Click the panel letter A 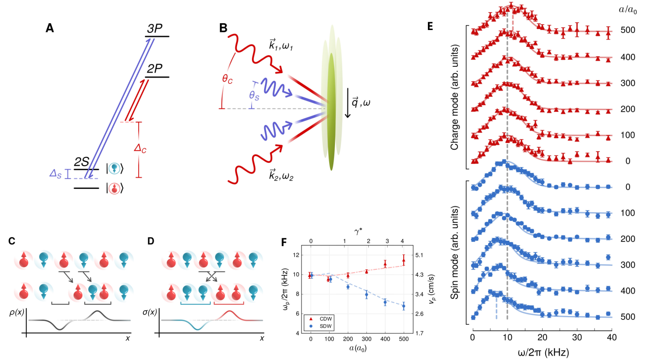(x=49, y=29)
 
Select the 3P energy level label (x=156, y=29)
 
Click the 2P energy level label (x=156, y=69)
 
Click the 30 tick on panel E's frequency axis (x=577, y=336)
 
